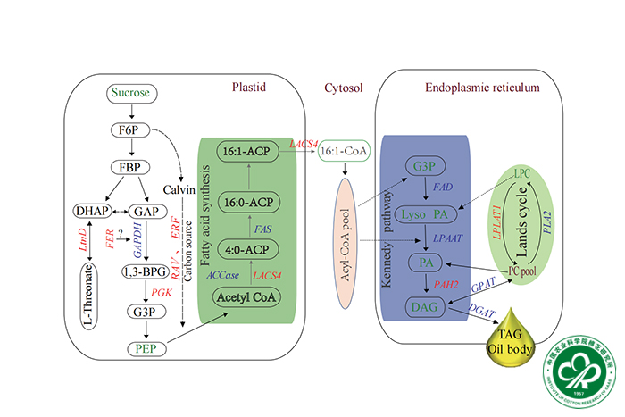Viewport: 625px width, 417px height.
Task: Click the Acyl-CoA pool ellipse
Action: [343, 229]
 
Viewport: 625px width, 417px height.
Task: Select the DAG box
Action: [425, 308]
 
